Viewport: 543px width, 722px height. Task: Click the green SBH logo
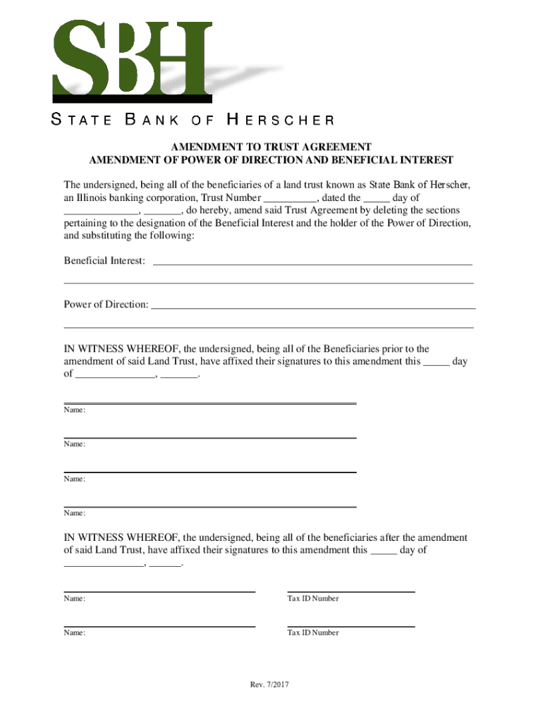click(131, 61)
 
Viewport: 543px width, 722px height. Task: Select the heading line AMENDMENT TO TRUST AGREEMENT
click(271, 147)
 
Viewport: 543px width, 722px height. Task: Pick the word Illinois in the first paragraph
click(94, 198)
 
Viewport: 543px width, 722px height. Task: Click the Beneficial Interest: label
click(105, 262)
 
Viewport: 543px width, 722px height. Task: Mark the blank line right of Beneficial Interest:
click(312, 264)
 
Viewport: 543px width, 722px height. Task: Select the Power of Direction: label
click(106, 305)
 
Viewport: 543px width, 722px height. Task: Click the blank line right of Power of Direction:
click(313, 307)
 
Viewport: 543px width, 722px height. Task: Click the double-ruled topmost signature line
click(210, 403)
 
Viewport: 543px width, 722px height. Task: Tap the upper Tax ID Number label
click(312, 599)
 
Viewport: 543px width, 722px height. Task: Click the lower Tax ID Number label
click(312, 633)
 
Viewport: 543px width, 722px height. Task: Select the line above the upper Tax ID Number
click(350, 592)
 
